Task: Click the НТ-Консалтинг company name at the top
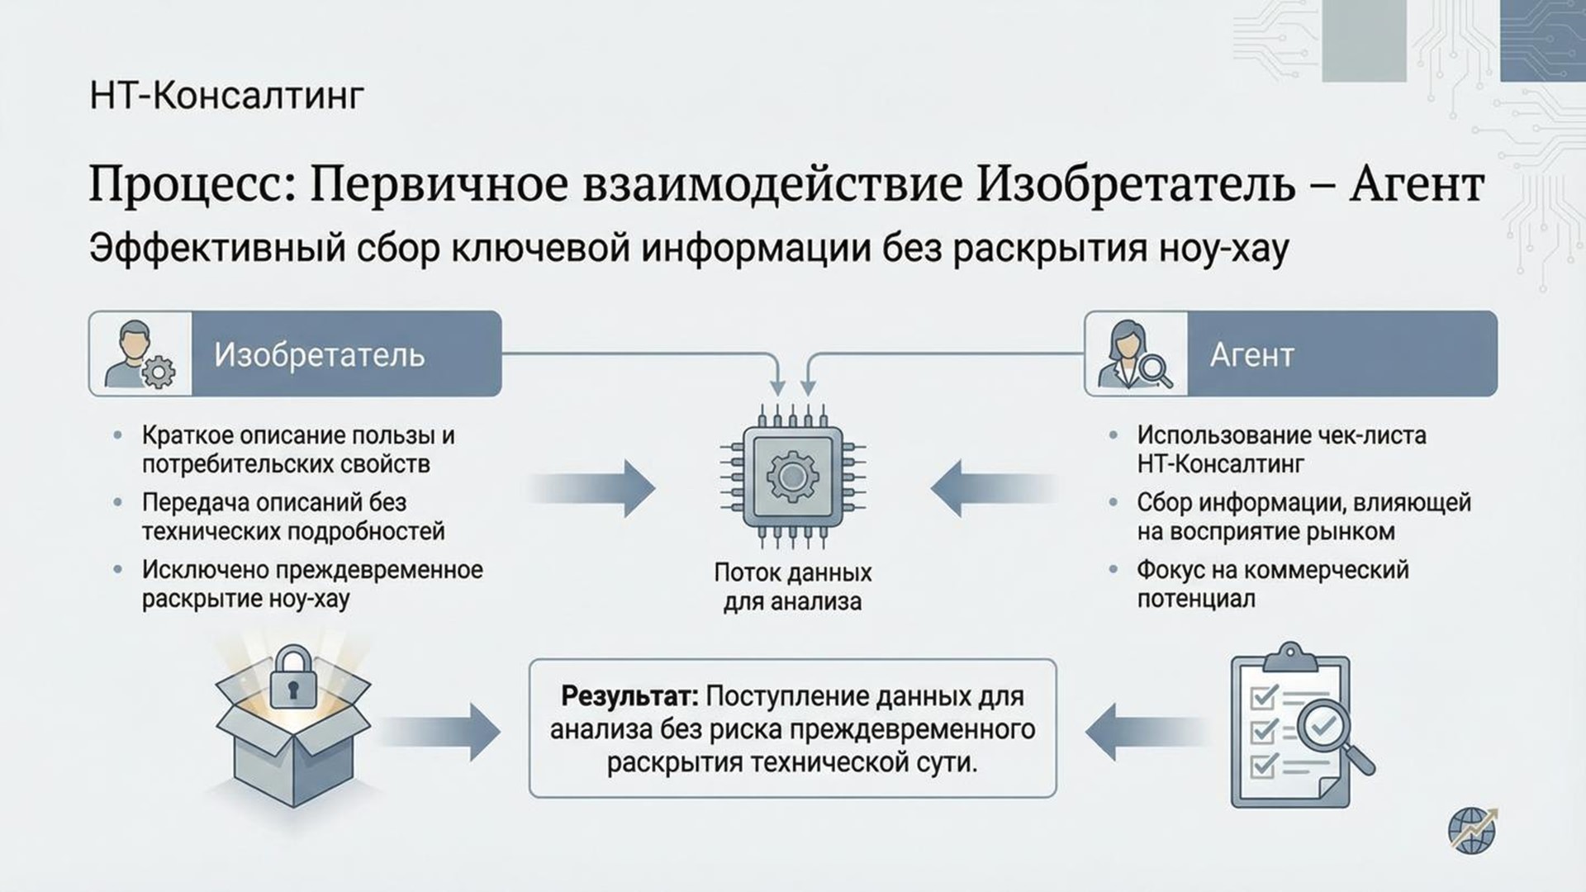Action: click(x=226, y=97)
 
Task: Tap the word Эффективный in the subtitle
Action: click(x=216, y=249)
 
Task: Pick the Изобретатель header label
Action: click(x=319, y=355)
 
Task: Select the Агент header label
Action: click(x=1251, y=355)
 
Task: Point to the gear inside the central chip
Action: click(x=791, y=476)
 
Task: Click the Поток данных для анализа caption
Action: click(x=792, y=586)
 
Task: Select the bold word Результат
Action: click(x=629, y=696)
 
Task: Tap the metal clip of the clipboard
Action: click(x=1289, y=657)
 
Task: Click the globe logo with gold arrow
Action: click(x=1471, y=830)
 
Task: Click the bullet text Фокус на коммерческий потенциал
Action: click(x=1272, y=584)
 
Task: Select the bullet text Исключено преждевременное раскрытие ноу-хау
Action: click(x=311, y=584)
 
